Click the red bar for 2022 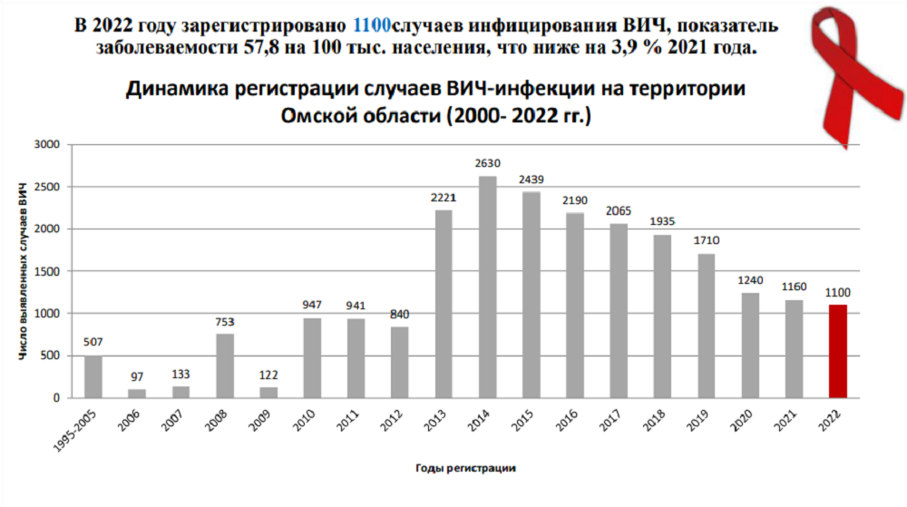point(837,351)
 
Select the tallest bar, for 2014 point(487,287)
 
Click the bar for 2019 point(706,326)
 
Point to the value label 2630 point(487,164)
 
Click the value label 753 point(225,322)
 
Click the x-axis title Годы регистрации point(466,468)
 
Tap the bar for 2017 point(619,310)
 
